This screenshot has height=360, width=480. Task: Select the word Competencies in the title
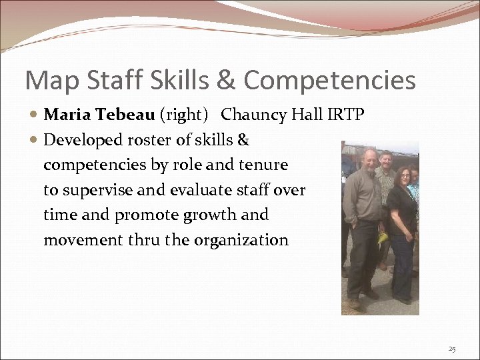[x=329, y=81]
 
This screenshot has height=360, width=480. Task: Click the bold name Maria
[x=67, y=115]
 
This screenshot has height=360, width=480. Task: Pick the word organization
[x=241, y=240]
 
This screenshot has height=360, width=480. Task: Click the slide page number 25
[x=452, y=349]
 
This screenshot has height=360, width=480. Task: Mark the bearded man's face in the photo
[x=368, y=161]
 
